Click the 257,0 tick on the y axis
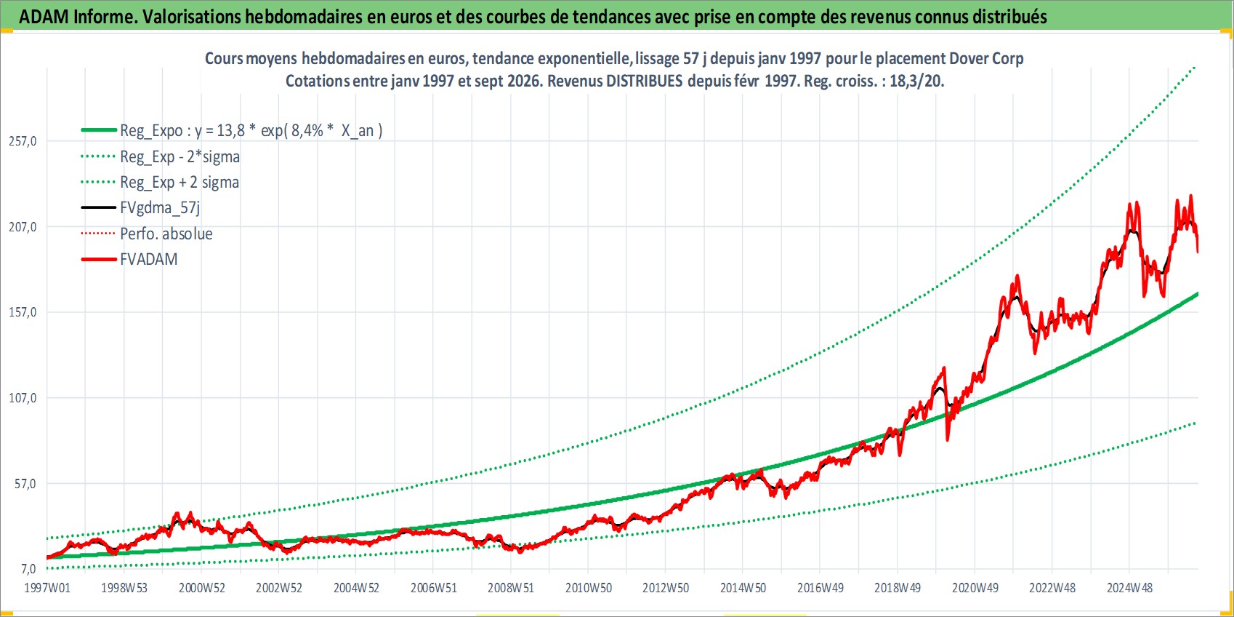point(23,141)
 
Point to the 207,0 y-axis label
point(23,226)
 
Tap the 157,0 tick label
point(23,312)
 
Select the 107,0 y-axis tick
point(23,397)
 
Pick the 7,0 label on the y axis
point(28,569)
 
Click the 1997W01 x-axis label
point(47,588)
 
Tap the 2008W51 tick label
point(511,588)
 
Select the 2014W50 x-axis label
point(743,588)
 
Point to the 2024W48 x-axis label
point(1129,588)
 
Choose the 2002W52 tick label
point(279,588)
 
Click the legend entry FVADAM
point(149,259)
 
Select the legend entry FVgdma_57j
point(161,208)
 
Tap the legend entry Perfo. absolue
point(166,234)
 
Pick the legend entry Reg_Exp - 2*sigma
point(180,157)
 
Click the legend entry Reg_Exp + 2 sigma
point(180,183)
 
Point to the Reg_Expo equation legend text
point(251,131)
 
